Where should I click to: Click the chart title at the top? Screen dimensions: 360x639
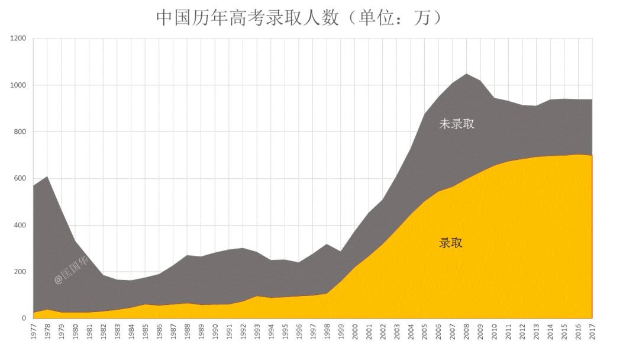coord(299,18)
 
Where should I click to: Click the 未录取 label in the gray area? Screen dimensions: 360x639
coord(456,124)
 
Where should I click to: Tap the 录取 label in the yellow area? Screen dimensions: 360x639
coord(450,243)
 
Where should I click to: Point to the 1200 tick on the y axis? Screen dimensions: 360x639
coord(18,38)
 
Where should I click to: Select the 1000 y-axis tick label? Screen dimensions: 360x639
coord(18,85)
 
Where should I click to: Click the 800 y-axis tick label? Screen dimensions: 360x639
coord(20,132)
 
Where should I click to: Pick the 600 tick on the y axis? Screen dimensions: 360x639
coord(20,178)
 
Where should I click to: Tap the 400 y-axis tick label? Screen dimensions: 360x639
coord(20,225)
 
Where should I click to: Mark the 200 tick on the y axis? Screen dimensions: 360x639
coord(20,272)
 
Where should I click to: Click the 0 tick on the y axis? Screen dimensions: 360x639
coord(24,319)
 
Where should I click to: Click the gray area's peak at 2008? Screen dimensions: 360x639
coord(466,75)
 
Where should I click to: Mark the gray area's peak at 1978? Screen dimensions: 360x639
coord(48,177)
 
